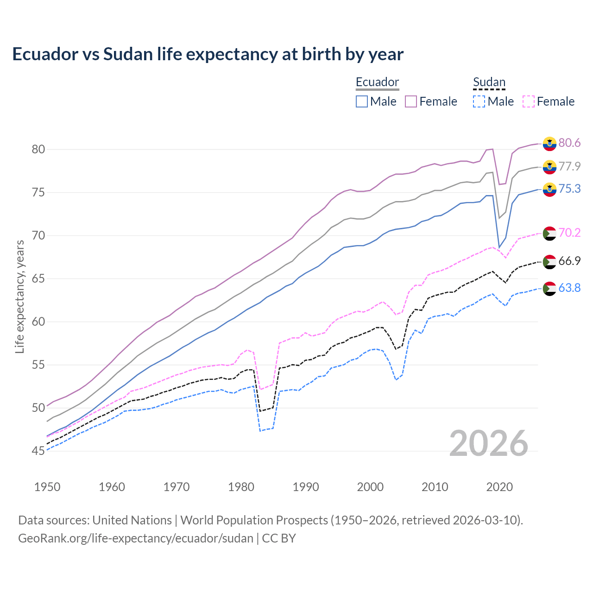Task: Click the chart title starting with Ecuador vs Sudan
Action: coord(208,54)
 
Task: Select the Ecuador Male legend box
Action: coord(362,101)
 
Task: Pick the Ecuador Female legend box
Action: coord(411,101)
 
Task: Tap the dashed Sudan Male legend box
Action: coord(479,101)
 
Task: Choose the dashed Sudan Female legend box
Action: coord(528,101)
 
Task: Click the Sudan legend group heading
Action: coord(489,82)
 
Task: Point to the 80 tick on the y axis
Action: coord(38,149)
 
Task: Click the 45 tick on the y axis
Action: coord(38,451)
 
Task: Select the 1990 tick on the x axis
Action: coord(306,487)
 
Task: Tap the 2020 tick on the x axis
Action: coord(499,487)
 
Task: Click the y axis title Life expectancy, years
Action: coord(19,296)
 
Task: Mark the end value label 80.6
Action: coord(569,143)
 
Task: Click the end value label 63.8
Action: coord(569,288)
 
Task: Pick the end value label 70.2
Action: coord(569,233)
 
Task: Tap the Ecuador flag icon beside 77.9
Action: coord(549,167)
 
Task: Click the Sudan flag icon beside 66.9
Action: coord(549,262)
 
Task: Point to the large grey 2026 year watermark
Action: coord(489,443)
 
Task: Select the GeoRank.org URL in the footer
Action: coord(136,538)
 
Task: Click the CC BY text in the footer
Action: coord(279,538)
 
